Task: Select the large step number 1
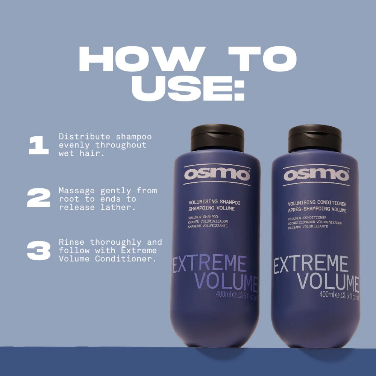39,145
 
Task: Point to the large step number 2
39,197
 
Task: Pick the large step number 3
39,250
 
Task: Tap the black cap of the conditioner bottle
315,138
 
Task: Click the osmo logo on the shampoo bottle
217,174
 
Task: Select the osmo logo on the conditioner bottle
316,175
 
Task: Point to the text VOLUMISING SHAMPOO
214,202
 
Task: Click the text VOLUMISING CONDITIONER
317,203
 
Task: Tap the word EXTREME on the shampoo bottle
209,264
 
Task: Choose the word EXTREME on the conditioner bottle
311,264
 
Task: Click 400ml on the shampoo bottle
223,294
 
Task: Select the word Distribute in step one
84,136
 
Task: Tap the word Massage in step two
77,191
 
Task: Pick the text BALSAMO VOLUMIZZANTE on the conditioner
308,227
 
